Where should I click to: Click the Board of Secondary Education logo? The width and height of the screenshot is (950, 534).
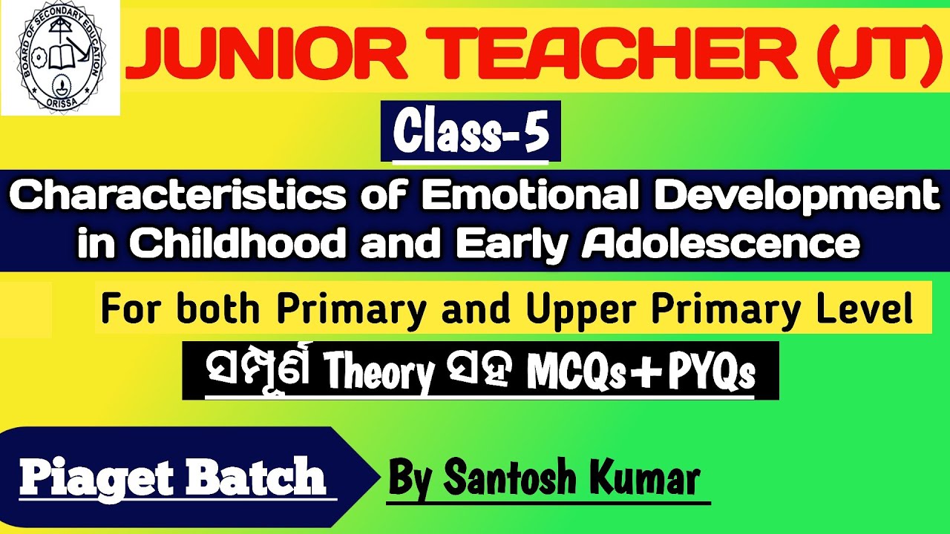[60, 59]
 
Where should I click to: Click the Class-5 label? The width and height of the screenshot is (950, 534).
[471, 132]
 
